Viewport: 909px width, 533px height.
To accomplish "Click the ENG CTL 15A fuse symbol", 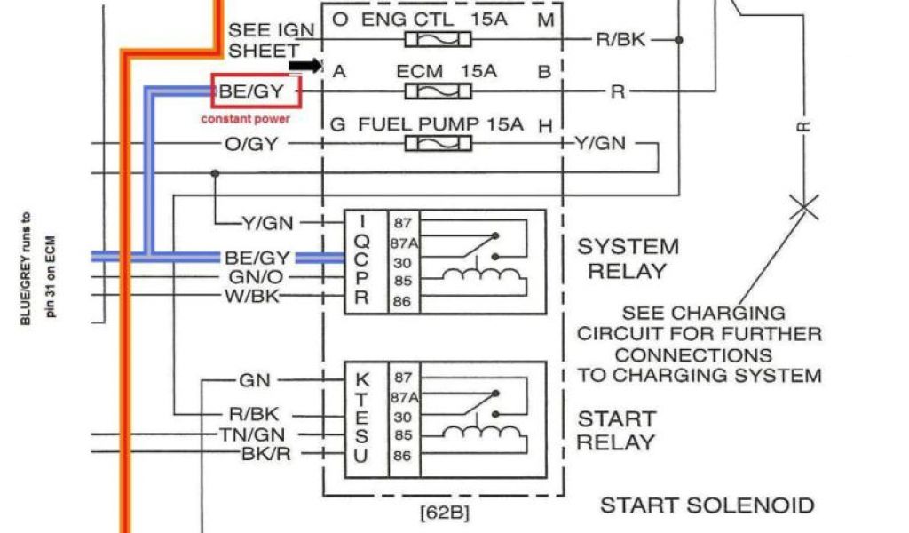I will click(431, 40).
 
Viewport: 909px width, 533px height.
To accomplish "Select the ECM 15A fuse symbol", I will click(431, 91).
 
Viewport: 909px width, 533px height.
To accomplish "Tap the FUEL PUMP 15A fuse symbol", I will click(431, 143).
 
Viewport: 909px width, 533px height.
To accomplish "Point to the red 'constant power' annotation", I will click(245, 118).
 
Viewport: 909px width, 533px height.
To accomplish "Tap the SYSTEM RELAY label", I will click(628, 259).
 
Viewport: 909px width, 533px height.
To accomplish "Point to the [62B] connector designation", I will click(443, 513).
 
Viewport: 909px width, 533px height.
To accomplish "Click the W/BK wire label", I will click(253, 295).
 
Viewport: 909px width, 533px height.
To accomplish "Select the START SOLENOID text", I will click(707, 505).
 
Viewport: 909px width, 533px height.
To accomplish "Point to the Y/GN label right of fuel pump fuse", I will click(600, 143).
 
